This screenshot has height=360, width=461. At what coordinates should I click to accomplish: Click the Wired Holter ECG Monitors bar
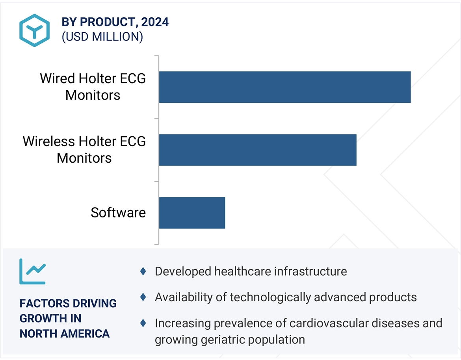tap(284, 87)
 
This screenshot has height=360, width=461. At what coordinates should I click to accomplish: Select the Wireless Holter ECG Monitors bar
tap(258, 150)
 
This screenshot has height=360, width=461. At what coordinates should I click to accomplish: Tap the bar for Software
tap(192, 213)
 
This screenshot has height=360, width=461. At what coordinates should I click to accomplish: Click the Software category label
tap(118, 213)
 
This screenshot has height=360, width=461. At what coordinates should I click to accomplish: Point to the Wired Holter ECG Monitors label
tap(93, 87)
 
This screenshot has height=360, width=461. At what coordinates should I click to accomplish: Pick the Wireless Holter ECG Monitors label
tap(84, 150)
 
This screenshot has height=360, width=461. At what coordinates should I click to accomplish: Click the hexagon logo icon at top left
tap(34, 30)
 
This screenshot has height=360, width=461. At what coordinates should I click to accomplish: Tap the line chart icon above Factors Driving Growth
tap(33, 271)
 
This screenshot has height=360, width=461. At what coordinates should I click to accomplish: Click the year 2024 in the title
tap(155, 22)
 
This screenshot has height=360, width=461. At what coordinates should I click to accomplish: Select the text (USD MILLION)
tap(102, 37)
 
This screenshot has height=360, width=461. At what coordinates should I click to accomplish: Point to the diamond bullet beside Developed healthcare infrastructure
tap(143, 271)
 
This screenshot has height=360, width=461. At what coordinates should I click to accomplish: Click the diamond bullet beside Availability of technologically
tap(143, 297)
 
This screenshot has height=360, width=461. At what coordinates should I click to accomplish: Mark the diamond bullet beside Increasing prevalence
tap(143, 323)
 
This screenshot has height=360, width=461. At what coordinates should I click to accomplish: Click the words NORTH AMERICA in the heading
tap(65, 334)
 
